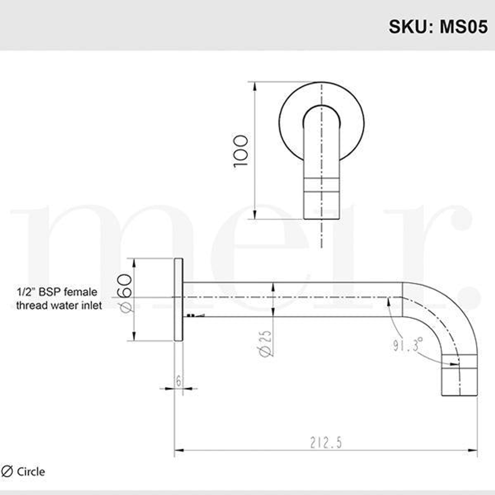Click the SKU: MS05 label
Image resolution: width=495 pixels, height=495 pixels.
438,26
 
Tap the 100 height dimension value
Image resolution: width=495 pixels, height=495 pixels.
241,151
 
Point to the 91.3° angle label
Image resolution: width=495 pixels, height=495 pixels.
407,345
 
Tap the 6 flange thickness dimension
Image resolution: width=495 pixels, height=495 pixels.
178,380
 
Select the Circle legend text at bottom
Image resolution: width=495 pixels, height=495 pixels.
31,471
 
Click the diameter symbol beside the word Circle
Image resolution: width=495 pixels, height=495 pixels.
7,471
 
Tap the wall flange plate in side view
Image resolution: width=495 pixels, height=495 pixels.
178,300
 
